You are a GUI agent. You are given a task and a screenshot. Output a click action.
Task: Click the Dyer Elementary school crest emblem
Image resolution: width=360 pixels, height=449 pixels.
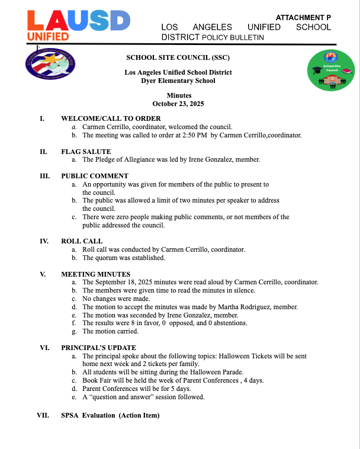[51, 65]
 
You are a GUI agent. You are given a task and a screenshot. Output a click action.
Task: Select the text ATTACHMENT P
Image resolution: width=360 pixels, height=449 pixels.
[303, 18]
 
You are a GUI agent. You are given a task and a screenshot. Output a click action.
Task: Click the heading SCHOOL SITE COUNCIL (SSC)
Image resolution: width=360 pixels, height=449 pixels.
[178, 57]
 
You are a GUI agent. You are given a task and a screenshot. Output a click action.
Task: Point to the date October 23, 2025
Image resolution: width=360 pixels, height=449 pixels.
[179, 104]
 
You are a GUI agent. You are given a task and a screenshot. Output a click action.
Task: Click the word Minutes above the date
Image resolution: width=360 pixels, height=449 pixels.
[179, 95]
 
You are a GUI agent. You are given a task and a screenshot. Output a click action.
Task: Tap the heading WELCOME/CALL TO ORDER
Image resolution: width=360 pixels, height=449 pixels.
[111, 118]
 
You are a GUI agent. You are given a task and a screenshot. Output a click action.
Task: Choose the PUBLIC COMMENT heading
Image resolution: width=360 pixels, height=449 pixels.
[95, 176]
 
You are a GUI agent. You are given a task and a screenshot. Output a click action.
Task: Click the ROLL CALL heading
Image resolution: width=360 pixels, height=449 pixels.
[82, 241]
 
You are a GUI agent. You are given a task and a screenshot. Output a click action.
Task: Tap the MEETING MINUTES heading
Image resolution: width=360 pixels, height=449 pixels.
[95, 274]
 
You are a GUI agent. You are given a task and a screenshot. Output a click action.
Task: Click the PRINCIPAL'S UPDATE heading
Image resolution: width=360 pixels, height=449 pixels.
[98, 348]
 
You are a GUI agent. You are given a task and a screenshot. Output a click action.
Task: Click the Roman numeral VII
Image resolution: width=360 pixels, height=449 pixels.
[43, 415]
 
